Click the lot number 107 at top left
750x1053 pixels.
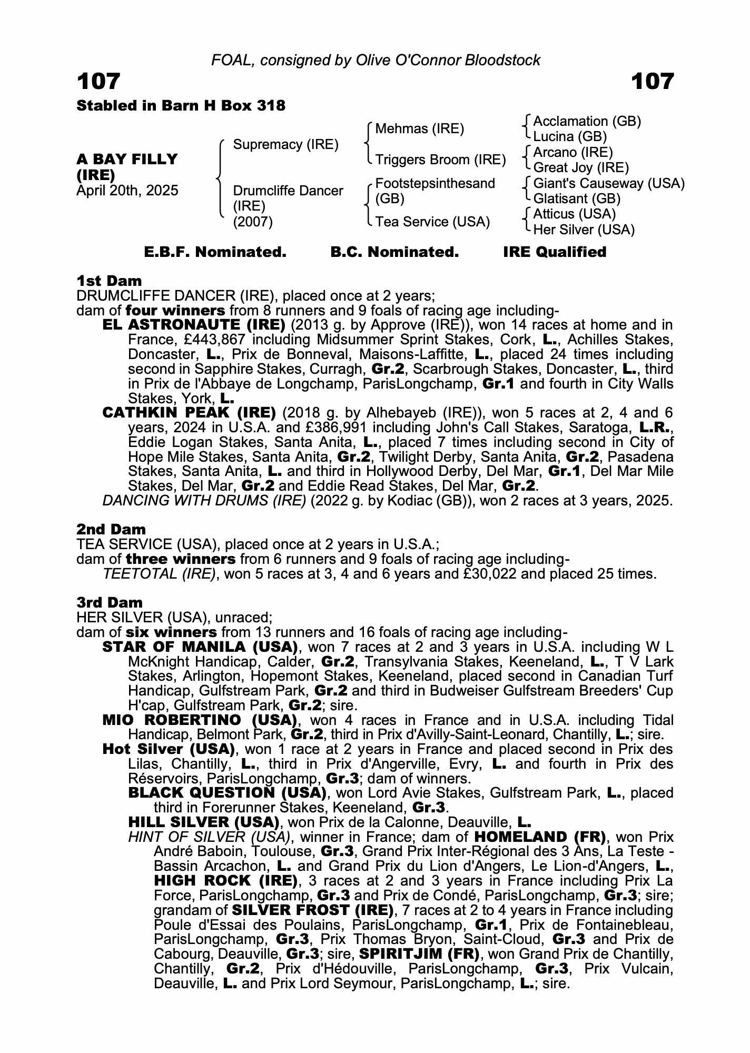click(98, 82)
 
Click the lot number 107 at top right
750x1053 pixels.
click(652, 82)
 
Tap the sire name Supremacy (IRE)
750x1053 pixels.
click(285, 144)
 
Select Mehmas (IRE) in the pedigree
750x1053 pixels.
click(419, 129)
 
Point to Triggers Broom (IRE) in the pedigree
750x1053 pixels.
click(440, 160)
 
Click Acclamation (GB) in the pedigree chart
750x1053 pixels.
click(587, 122)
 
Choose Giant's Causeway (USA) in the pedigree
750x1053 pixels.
click(609, 183)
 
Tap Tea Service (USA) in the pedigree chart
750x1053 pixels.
click(432, 222)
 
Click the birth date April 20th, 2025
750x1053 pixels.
click(127, 190)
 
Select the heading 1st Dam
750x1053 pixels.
click(109, 281)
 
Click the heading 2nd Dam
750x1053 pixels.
click(111, 529)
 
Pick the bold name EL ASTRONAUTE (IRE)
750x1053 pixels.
click(194, 325)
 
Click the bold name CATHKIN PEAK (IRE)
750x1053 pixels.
click(189, 413)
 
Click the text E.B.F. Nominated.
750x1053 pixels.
click(215, 252)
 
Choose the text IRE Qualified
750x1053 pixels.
click(554, 252)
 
